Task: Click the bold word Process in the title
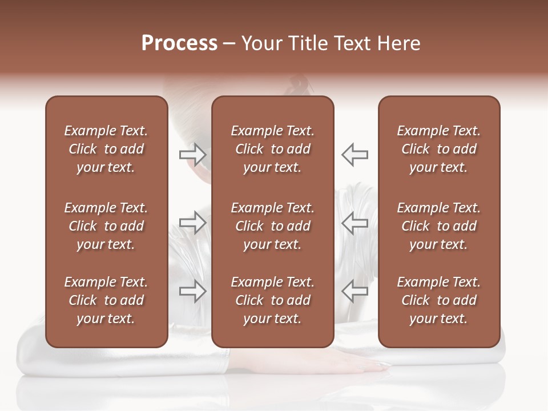coord(179,43)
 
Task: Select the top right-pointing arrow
coord(192,155)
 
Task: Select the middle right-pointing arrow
coord(192,223)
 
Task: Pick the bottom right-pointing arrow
coord(192,292)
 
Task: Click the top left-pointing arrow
coord(355,155)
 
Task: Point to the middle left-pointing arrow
coord(355,223)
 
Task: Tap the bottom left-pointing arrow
coord(355,292)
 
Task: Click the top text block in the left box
coord(106,149)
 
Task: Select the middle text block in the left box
coord(106,226)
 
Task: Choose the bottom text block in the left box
coord(106,300)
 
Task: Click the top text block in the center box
coord(272,149)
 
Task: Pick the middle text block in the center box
coord(272,226)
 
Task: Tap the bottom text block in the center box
coord(272,300)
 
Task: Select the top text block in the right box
coord(438,149)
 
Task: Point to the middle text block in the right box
coord(438,226)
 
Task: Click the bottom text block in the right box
coord(438,300)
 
